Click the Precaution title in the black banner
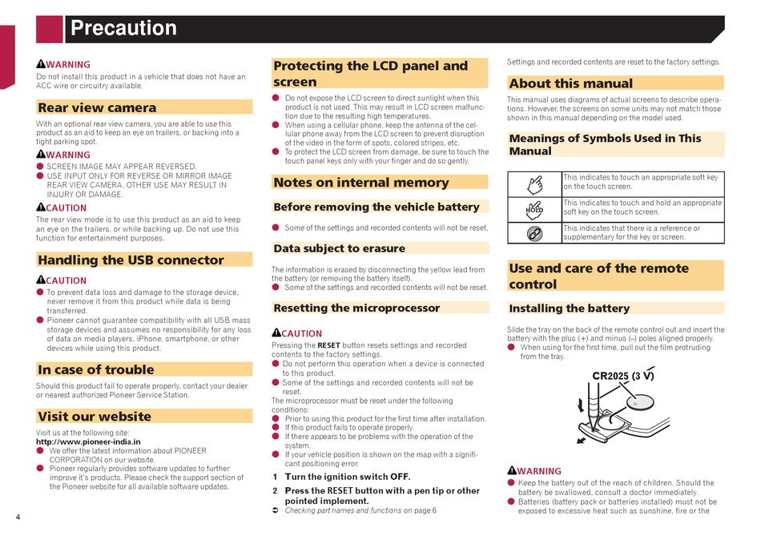pos(123,29)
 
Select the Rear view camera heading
pos(97,107)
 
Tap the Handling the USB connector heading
pos(131,260)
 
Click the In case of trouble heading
pos(95,369)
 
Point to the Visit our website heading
pos(94,417)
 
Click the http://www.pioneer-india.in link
pos(88,441)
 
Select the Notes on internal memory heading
pos(360,182)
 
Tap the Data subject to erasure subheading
pos(339,248)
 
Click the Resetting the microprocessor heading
pos(356,308)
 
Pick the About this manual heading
pos(571,83)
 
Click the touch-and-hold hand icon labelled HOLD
pos(534,209)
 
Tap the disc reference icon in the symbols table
pos(534,233)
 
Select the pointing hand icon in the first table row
pos(534,185)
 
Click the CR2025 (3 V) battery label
pos(622,375)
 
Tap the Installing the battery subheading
pos(570,308)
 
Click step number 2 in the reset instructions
pos(275,490)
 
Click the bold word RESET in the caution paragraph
pos(328,345)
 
